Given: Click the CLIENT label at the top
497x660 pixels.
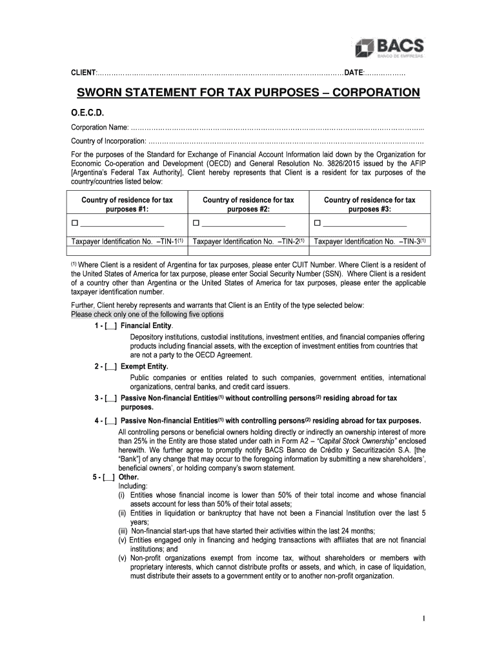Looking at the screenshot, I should [x=83, y=70].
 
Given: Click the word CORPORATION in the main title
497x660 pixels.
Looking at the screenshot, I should [x=367, y=93].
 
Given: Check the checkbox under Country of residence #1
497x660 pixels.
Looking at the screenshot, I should [x=74, y=224].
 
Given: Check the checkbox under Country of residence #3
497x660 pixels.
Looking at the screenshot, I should [x=318, y=224].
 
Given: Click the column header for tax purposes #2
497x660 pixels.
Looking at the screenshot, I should [x=249, y=205].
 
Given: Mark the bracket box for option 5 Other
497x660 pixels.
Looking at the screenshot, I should [x=108, y=478].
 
